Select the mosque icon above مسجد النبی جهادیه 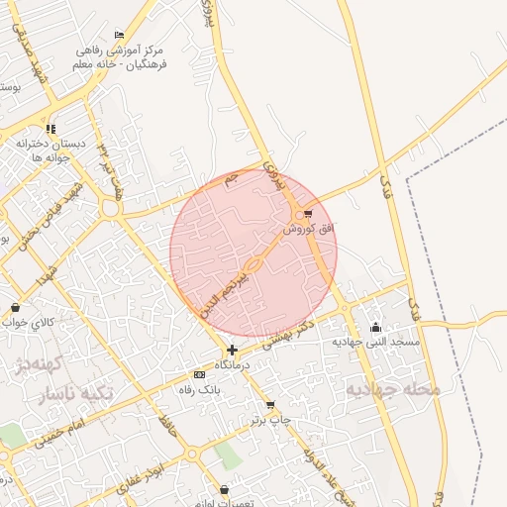375,328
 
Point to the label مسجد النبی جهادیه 376,342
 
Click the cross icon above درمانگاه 232,350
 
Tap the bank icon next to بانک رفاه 200,375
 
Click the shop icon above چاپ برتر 270,406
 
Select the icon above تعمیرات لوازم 225,489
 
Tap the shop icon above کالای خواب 14,308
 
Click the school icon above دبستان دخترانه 51,129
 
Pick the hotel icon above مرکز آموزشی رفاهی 120,36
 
